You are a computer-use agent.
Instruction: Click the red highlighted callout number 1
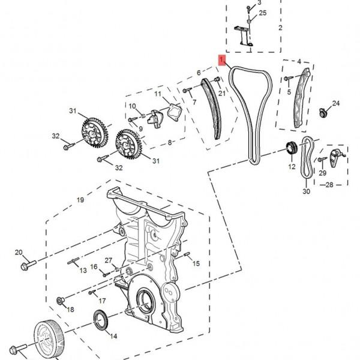point(222,59)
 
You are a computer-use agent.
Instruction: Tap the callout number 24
point(336,103)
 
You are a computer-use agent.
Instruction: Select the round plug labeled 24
point(323,113)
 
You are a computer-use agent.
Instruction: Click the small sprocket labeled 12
point(292,149)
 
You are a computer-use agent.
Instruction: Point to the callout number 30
point(306,191)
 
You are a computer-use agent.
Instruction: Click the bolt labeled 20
point(28,265)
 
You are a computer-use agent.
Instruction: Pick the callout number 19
point(80,200)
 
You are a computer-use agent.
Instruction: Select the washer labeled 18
point(61,301)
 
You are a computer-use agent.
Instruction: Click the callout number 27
point(109,260)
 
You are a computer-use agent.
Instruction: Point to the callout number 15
point(196,263)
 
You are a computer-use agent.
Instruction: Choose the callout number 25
point(263,13)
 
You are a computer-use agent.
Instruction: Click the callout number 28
point(329,185)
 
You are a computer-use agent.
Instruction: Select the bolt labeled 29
point(322,159)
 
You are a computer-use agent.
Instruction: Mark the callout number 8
point(170,142)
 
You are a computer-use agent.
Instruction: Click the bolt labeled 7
point(187,90)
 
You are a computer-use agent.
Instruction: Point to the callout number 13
point(83,270)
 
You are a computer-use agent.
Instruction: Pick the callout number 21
point(222,93)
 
